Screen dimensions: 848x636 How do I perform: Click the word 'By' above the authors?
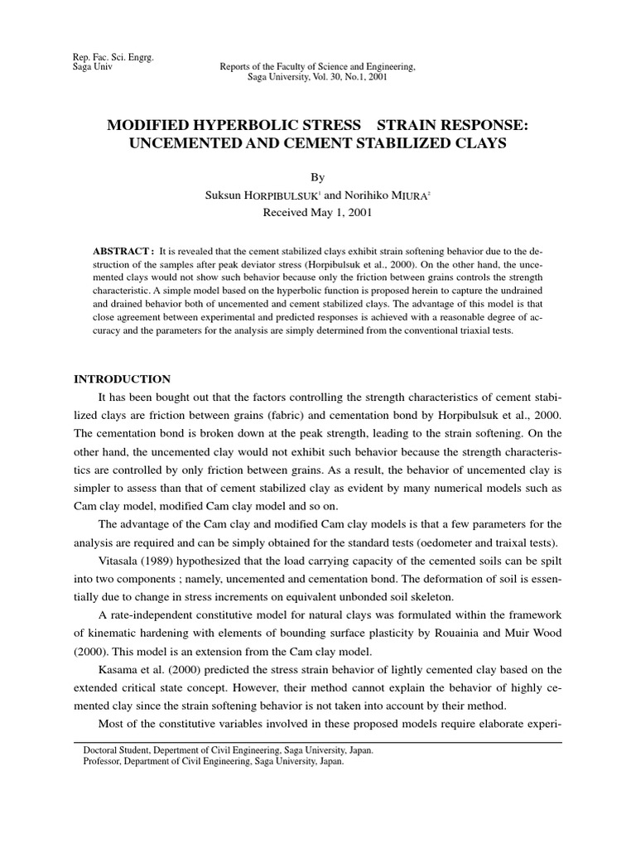pyautogui.click(x=318, y=177)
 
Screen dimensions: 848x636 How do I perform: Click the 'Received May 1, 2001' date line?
pyautogui.click(x=317, y=212)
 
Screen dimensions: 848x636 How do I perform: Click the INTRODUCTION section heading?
pyautogui.click(x=123, y=379)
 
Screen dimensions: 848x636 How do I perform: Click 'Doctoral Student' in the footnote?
pyautogui.click(x=118, y=749)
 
